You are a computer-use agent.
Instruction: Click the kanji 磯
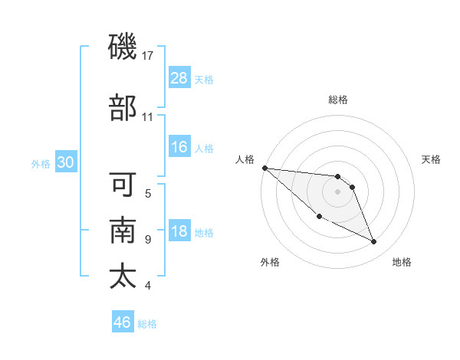(123, 47)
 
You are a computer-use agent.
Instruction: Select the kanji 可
(123, 185)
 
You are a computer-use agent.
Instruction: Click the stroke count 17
(148, 56)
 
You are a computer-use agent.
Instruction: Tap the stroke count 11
(148, 116)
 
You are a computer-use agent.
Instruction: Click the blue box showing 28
(179, 77)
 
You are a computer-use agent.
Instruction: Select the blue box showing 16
(179, 147)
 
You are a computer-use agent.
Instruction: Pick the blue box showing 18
(179, 231)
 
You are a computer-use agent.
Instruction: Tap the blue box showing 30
(65, 162)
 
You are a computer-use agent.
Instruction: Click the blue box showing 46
(122, 322)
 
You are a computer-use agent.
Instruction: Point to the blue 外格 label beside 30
(41, 163)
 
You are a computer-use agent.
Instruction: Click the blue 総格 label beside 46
(147, 323)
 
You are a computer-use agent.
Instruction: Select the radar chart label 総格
(337, 100)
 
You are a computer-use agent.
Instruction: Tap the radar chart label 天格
(432, 159)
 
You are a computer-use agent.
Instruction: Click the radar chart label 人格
(245, 159)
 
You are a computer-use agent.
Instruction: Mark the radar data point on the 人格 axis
(264, 168)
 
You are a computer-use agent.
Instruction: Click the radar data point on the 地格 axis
(374, 242)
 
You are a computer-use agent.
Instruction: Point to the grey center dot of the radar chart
(337, 191)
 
